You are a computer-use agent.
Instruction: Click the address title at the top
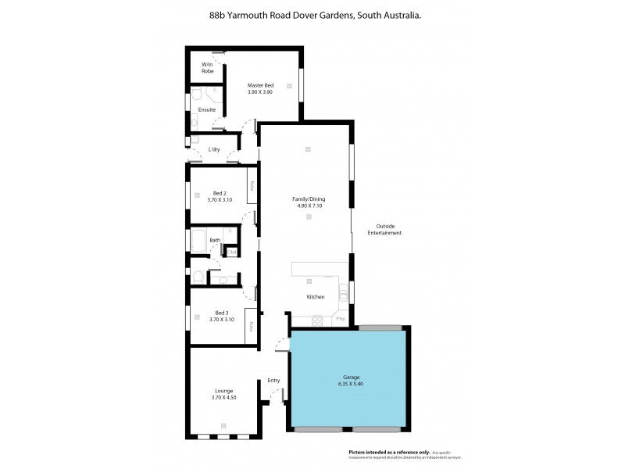(312, 14)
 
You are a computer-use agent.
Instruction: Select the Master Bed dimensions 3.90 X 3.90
(260, 92)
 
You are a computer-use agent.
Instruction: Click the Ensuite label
(207, 109)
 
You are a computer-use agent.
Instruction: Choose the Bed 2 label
(220, 193)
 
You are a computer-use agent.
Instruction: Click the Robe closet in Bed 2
(252, 187)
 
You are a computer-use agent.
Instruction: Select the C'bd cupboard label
(232, 252)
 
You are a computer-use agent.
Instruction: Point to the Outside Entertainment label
(384, 230)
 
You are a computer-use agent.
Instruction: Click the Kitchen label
(315, 297)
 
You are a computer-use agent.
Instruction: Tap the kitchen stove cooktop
(317, 319)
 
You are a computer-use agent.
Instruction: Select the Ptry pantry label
(340, 319)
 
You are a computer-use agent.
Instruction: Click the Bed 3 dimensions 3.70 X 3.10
(221, 319)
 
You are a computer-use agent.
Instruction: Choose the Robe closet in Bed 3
(252, 325)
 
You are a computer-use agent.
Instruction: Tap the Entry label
(273, 381)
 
